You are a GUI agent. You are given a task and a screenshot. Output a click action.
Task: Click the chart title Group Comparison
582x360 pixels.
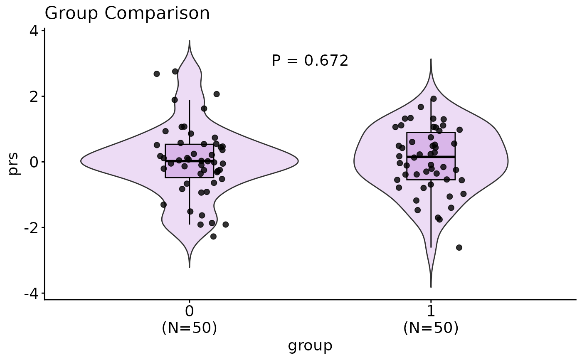[127, 14]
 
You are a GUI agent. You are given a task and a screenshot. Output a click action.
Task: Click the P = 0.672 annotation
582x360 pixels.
[310, 61]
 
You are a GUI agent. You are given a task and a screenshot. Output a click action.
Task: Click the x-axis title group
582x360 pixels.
[310, 345]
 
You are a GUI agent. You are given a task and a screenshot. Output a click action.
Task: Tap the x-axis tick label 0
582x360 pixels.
[190, 312]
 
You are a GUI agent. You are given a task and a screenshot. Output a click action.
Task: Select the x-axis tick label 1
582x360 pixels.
[431, 312]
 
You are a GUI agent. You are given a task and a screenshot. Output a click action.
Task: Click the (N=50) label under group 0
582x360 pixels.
[190, 328]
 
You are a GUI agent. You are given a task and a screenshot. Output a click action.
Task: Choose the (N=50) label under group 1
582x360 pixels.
[431, 328]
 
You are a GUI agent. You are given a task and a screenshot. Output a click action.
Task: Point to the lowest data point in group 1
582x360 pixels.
[459, 247]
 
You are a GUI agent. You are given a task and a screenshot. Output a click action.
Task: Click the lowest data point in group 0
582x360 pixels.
[213, 237]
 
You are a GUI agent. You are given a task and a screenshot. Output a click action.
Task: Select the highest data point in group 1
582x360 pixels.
[433, 99]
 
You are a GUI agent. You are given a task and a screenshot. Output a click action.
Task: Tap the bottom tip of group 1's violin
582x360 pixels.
[431, 286]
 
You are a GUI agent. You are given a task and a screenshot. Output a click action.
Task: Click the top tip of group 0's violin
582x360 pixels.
[190, 41]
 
